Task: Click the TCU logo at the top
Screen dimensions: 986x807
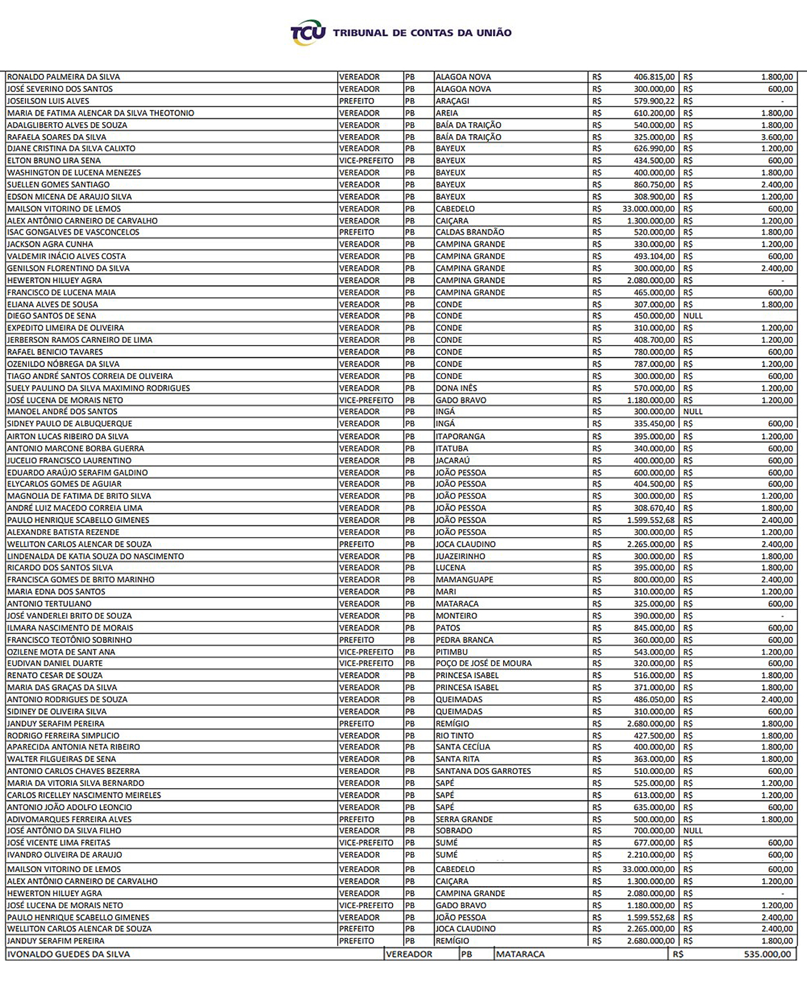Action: pyautogui.click(x=307, y=33)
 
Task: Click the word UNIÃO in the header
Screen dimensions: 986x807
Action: pyautogui.click(x=492, y=33)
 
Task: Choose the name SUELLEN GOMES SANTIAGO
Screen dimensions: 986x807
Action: pyautogui.click(x=58, y=185)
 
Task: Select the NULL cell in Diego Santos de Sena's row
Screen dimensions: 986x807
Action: pyautogui.click(x=693, y=316)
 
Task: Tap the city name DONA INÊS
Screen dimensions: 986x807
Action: pyautogui.click(x=456, y=388)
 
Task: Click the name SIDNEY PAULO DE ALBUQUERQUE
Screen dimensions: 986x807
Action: pyautogui.click(x=69, y=424)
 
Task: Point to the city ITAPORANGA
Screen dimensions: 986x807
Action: pyautogui.click(x=460, y=437)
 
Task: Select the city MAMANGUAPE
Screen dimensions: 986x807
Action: pyautogui.click(x=464, y=580)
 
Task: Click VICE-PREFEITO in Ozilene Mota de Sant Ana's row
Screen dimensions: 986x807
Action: pyautogui.click(x=366, y=652)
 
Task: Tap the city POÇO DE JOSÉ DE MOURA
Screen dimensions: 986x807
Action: pyautogui.click(x=484, y=663)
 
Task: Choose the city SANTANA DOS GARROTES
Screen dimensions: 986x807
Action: pyautogui.click(x=483, y=771)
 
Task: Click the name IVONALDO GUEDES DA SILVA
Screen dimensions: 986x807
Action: pyautogui.click(x=68, y=954)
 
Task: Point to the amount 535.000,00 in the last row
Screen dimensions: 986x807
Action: pyautogui.click(x=767, y=954)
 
